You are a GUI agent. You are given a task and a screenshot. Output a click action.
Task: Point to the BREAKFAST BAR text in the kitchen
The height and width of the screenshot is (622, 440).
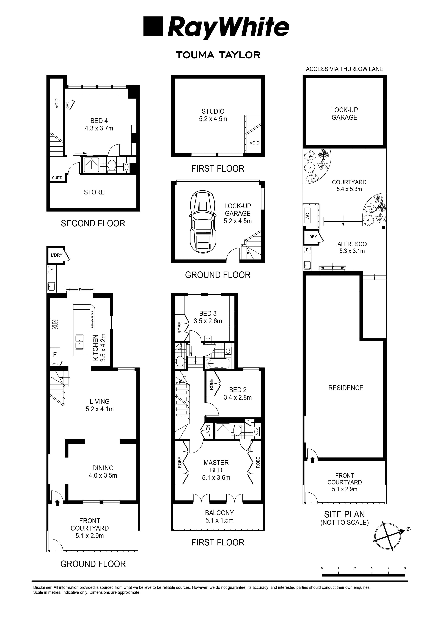[92, 319]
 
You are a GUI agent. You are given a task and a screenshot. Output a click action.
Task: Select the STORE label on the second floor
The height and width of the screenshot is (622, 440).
[94, 192]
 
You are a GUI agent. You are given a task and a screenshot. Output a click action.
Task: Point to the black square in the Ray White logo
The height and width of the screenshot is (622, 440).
[153, 26]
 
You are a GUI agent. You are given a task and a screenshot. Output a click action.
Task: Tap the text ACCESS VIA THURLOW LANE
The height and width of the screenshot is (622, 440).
[344, 69]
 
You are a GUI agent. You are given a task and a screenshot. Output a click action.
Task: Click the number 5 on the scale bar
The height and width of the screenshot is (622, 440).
[405, 568]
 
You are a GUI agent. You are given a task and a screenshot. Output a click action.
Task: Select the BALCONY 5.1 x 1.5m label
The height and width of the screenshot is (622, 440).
[219, 516]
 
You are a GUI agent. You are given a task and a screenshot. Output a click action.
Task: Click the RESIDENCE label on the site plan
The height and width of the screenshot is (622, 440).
[346, 388]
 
